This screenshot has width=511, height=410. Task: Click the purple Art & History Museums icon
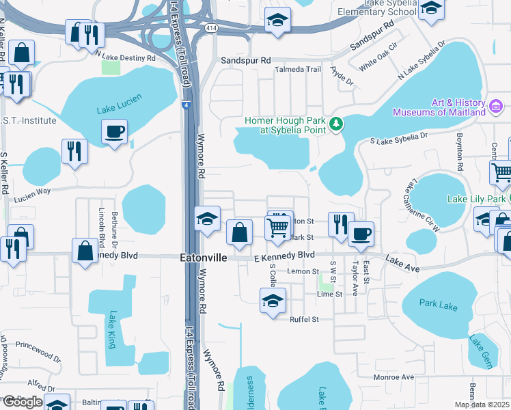click(497, 107)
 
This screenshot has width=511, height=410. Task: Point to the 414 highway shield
click(211, 28)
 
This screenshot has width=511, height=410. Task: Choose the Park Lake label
click(438, 305)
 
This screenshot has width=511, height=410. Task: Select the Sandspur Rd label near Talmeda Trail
click(246, 60)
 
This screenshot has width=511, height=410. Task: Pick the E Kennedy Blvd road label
click(284, 255)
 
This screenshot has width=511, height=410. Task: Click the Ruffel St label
click(305, 319)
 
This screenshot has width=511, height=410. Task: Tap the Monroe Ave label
click(393, 377)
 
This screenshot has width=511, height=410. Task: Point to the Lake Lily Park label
click(477, 199)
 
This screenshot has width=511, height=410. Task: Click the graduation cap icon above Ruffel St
click(272, 300)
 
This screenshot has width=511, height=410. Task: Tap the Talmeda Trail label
click(297, 70)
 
